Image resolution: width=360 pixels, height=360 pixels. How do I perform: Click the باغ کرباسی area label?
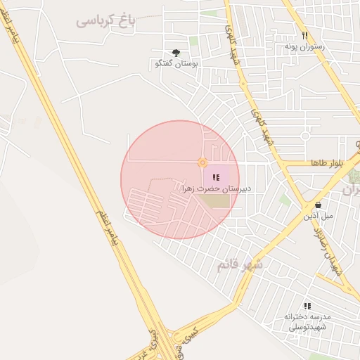coord(105,20)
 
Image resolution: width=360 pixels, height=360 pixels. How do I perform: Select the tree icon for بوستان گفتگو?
coord(176,52)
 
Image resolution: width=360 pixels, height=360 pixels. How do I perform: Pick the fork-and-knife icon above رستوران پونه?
coord(304,34)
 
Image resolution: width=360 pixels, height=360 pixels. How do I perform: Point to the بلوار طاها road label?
coord(327,163)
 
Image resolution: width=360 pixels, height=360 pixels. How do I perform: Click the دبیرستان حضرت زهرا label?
coord(217,189)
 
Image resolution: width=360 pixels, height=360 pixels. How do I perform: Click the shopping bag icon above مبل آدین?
coord(319,205)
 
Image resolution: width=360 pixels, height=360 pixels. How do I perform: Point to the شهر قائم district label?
coord(240,265)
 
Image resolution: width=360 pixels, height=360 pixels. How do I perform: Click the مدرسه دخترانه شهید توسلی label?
coord(307,322)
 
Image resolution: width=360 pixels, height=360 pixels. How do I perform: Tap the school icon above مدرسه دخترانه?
coord(307,306)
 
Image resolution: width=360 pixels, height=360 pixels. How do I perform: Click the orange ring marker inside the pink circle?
coord(202,163)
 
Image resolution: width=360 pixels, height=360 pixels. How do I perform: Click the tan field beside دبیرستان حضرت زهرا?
coord(214,201)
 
